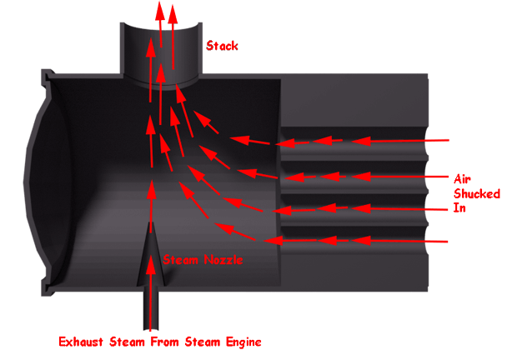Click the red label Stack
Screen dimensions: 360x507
pyautogui.click(x=222, y=46)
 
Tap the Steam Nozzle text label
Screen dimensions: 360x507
pyautogui.click(x=203, y=259)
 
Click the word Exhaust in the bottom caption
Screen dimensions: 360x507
pyautogui.click(x=82, y=341)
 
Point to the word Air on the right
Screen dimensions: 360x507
pyautogui.click(x=463, y=177)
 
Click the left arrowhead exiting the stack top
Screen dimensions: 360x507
pyautogui.click(x=158, y=10)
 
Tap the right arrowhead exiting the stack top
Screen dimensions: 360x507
pyautogui.click(x=173, y=12)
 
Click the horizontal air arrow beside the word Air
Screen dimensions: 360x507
pyautogui.click(x=409, y=177)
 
